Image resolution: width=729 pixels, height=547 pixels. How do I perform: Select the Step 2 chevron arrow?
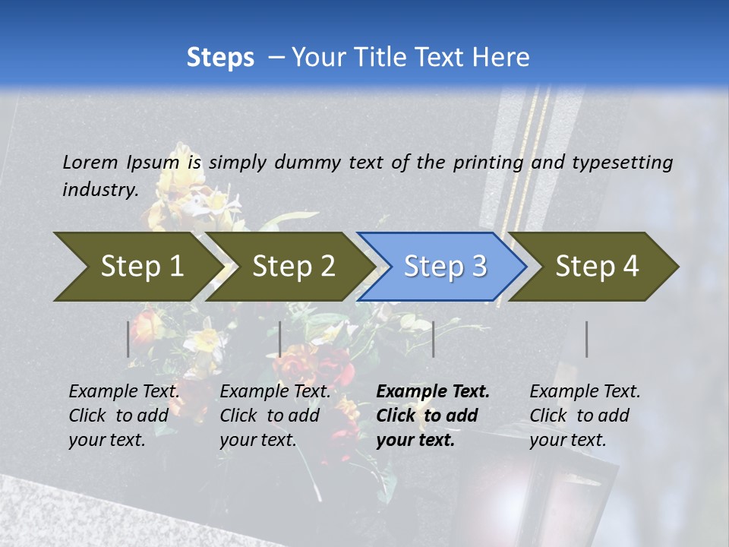pos(292,267)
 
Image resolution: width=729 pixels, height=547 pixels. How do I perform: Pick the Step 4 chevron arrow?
pos(596,267)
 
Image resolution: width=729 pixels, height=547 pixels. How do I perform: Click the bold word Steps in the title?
pos(220,58)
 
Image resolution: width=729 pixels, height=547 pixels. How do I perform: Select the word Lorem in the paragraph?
pos(90,162)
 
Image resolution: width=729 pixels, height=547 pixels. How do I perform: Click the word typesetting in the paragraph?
pos(622,162)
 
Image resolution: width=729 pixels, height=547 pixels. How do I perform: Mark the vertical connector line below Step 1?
pos(128,339)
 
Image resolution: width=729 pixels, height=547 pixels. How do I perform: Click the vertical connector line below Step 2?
pos(280,339)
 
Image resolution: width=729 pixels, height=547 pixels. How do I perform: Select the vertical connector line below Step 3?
pos(433,339)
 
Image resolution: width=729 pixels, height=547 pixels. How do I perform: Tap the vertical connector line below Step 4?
pos(587,339)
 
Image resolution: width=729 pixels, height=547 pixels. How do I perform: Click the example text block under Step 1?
pos(124,416)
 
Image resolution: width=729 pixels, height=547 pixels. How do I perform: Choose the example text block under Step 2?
pos(275,416)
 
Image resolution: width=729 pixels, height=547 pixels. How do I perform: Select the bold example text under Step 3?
pos(433,416)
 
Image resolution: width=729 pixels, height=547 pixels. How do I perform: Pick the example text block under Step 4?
pos(585,416)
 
